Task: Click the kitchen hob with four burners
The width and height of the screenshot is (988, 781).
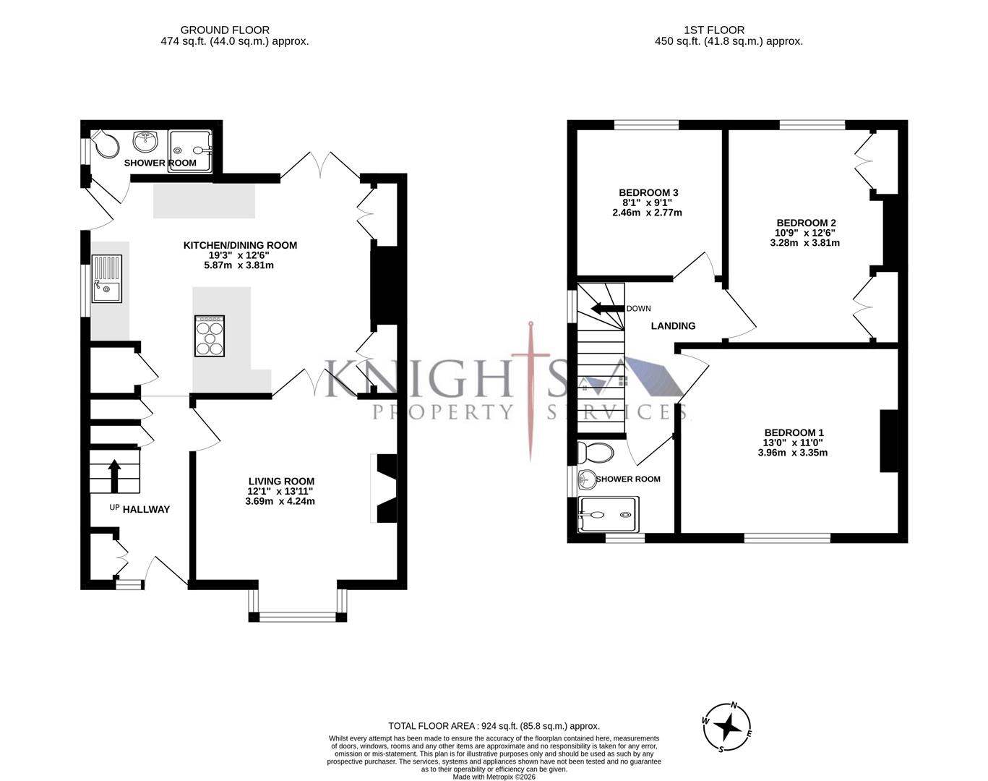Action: point(210,336)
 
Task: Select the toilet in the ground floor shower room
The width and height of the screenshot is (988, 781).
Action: point(105,144)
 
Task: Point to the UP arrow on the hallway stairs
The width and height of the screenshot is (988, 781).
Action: point(114,476)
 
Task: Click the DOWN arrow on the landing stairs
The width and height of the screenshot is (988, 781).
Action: point(606,309)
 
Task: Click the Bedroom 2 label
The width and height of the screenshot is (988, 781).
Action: point(805,223)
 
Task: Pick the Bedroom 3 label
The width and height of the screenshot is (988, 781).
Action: point(648,192)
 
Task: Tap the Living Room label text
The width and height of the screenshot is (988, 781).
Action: point(280,481)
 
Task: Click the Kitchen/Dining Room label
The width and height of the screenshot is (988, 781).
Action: point(239,245)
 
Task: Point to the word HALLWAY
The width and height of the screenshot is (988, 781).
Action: point(146,509)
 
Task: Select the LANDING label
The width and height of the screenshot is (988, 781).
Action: point(673,326)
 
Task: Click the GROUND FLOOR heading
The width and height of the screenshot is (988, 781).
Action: point(225,30)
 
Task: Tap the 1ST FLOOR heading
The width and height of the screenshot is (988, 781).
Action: point(713,30)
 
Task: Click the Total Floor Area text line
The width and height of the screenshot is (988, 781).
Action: point(494,726)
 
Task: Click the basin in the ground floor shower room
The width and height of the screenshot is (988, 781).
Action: point(146,140)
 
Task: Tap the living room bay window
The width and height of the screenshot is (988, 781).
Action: point(297,616)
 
